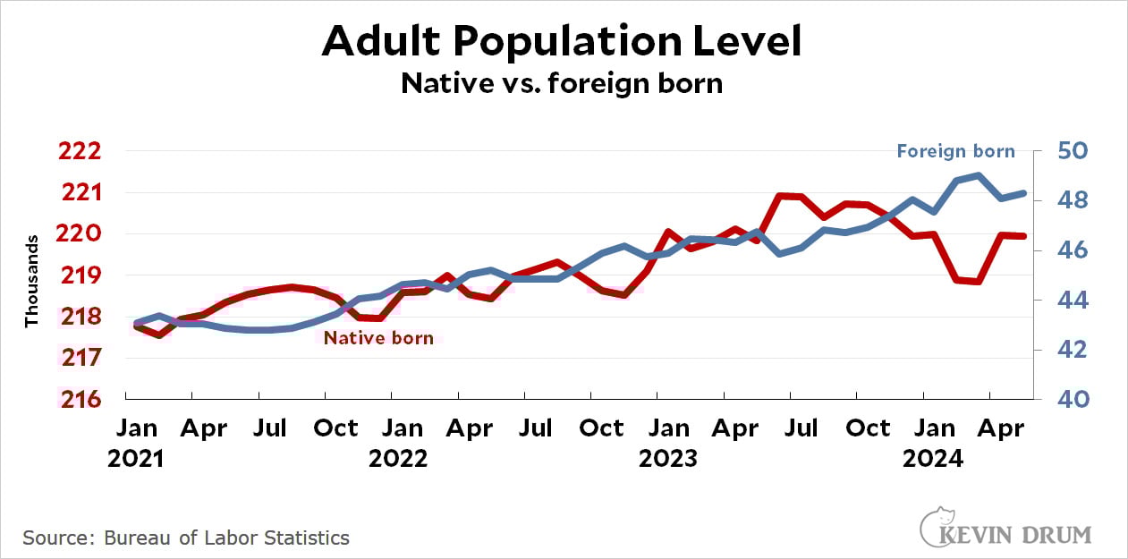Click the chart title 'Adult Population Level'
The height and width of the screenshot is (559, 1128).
tap(562, 41)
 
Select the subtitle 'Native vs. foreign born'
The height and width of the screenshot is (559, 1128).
tap(562, 83)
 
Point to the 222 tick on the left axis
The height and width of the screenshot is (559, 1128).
tap(79, 151)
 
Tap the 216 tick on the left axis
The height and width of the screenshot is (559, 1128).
tap(79, 399)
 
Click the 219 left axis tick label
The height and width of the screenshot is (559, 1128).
tap(79, 275)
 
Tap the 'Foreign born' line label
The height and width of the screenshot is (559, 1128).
tap(955, 151)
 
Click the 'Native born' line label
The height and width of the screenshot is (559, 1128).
tap(378, 338)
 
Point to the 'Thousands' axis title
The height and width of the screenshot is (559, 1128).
tap(32, 281)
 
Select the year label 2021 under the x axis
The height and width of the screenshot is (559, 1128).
tap(136, 459)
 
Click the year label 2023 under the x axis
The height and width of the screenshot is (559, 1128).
tap(667, 459)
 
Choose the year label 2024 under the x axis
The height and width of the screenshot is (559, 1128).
tap(933, 459)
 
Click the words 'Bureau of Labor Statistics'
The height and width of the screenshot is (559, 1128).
tap(226, 538)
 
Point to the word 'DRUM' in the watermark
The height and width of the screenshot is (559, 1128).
tap(1062, 536)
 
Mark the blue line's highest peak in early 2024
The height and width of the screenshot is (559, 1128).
tap(980, 175)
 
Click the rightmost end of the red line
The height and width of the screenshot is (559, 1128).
tap(1023, 236)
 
